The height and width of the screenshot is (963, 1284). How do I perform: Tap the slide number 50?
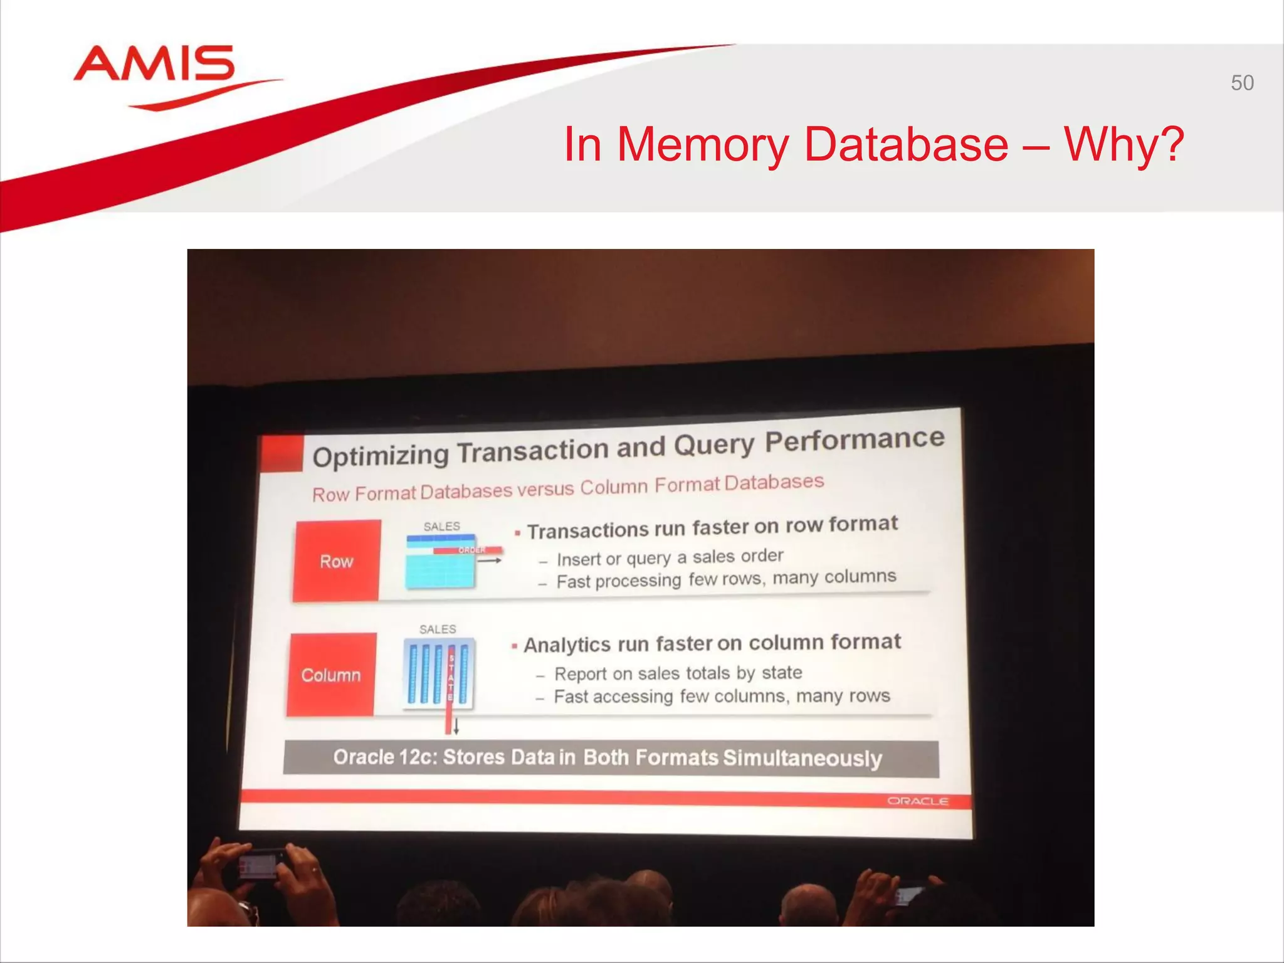[1241, 83]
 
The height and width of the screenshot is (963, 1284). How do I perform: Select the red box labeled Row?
[337, 560]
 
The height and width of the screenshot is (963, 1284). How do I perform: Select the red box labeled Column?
[331, 675]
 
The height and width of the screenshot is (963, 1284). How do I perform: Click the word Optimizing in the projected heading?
[381, 456]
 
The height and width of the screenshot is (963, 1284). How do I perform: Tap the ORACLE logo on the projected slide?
[917, 801]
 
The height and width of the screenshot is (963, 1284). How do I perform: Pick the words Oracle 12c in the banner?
[383, 757]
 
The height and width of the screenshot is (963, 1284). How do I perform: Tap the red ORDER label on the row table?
[471, 550]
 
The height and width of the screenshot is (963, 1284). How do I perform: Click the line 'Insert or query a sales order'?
[670, 557]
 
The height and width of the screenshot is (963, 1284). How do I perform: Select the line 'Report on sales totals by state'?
[678, 673]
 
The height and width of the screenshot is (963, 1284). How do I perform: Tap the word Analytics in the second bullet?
[567, 645]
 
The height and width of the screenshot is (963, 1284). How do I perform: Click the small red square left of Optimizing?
[280, 453]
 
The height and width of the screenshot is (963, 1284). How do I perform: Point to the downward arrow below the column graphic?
[456, 726]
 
